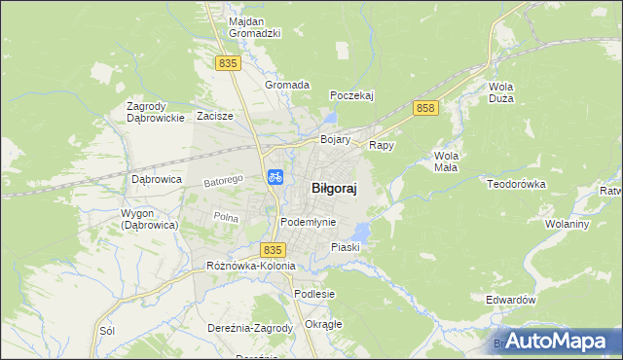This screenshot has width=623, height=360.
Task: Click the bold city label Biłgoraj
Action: (333, 190)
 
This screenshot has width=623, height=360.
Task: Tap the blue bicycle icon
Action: (275, 176)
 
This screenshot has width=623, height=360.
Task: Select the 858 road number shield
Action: (423, 108)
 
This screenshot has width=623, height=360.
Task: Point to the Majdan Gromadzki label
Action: (254, 27)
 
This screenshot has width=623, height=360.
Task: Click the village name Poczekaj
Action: (352, 95)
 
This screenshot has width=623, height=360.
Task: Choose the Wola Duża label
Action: (501, 92)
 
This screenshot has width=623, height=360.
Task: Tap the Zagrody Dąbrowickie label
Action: (156, 112)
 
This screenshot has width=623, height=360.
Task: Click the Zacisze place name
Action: (214, 116)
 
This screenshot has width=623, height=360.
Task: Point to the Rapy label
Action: (381, 145)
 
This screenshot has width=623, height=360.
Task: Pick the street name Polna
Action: (226, 217)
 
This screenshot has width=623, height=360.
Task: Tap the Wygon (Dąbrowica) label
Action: (149, 219)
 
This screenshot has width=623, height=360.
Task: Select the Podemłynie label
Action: (308, 222)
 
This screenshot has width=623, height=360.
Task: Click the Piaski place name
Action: (346, 247)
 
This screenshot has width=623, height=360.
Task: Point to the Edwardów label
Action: (511, 301)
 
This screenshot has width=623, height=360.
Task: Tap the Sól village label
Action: (107, 331)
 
